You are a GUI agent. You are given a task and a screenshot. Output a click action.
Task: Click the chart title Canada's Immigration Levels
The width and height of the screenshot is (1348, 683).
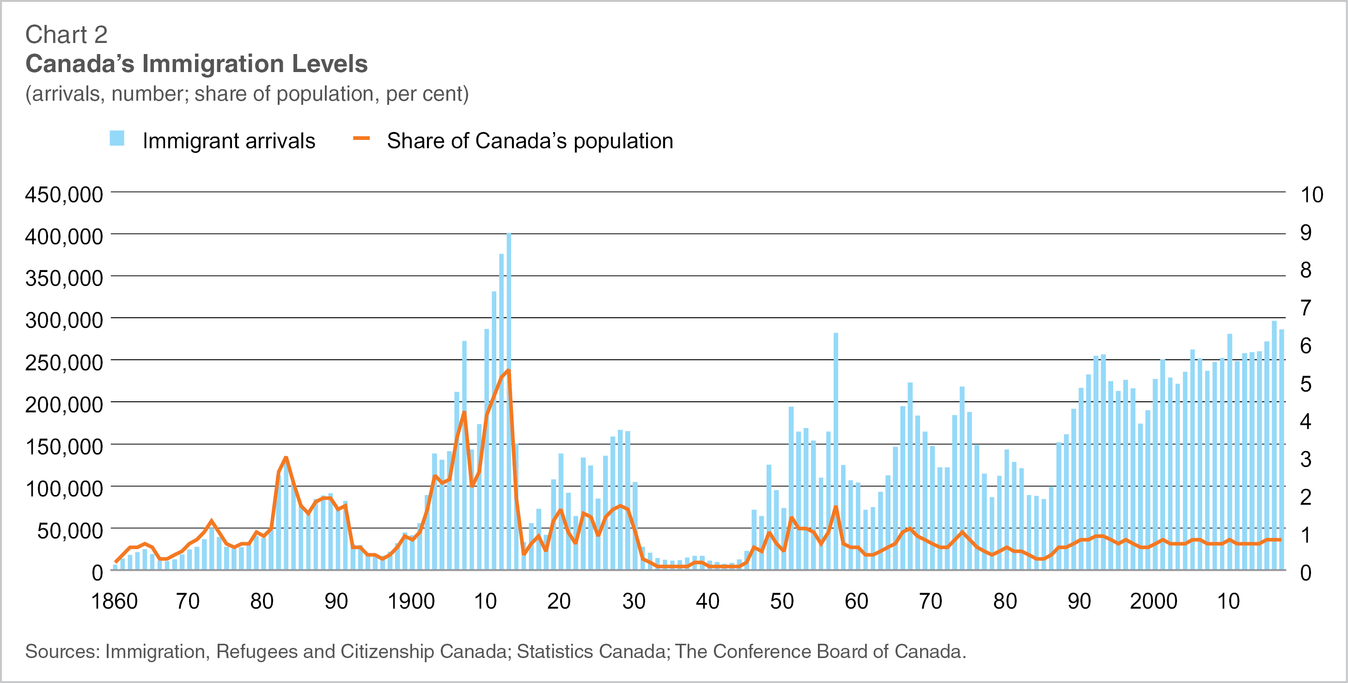pos(196,64)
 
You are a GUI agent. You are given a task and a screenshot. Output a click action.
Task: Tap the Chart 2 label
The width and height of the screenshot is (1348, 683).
pos(67,35)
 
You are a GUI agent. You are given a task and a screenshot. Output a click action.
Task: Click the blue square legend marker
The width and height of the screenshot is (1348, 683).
pos(117,139)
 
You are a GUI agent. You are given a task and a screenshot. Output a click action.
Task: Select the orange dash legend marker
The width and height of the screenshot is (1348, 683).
pos(361,139)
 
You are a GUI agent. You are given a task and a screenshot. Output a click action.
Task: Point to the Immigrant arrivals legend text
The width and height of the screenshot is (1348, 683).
pos(229,141)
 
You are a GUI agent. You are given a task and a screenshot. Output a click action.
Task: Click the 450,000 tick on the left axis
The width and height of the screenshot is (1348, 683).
pos(64,194)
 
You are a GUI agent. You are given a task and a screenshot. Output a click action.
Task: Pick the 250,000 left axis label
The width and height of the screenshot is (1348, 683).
pos(64,363)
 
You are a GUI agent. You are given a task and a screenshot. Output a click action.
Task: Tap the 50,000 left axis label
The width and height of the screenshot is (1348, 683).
pos(70,530)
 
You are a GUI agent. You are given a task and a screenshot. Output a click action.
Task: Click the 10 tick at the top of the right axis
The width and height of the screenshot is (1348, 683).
pos(1311,194)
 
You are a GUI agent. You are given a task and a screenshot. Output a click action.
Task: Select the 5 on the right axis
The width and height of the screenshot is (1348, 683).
pos(1305,384)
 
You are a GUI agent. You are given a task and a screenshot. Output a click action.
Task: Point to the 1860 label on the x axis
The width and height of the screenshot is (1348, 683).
pos(114,601)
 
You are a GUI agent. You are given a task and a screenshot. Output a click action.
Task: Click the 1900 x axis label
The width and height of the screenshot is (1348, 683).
pos(411,601)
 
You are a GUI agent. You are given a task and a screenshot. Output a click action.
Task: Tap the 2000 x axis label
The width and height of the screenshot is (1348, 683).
pos(1153,601)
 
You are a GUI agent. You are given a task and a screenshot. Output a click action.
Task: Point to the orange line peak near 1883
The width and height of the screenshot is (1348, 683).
pos(286,458)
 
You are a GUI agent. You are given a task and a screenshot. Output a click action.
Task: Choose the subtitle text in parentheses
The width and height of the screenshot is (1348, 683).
pos(247,94)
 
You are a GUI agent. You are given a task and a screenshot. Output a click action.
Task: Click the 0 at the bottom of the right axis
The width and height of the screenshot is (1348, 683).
pos(1305,573)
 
